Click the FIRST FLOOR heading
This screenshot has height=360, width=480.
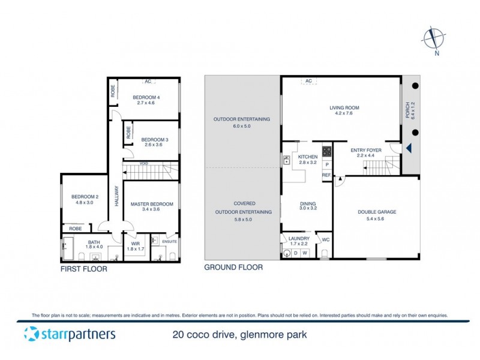point(84,269)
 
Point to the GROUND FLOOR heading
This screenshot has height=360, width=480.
point(233,268)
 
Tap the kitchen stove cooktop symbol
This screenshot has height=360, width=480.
point(327,152)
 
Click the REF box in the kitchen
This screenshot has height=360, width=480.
point(326,175)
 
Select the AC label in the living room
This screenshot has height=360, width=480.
point(309,81)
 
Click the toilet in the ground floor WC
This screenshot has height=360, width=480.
point(325,253)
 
